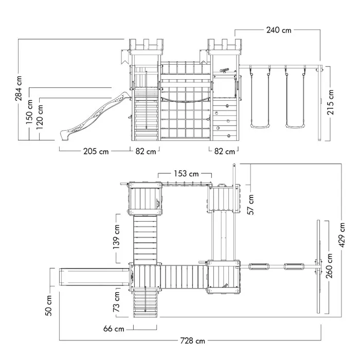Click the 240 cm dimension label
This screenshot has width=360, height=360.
(279, 30)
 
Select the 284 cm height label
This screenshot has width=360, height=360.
(19, 88)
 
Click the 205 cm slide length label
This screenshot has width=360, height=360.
(96, 152)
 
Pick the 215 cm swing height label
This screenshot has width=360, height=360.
(330, 102)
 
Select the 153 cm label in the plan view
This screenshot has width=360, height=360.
(186, 174)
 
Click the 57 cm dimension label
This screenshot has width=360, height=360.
(251, 205)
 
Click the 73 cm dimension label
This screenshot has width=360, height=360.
(118, 301)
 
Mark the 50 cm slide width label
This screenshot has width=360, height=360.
(49, 305)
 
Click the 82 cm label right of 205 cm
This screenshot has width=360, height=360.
(146, 152)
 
